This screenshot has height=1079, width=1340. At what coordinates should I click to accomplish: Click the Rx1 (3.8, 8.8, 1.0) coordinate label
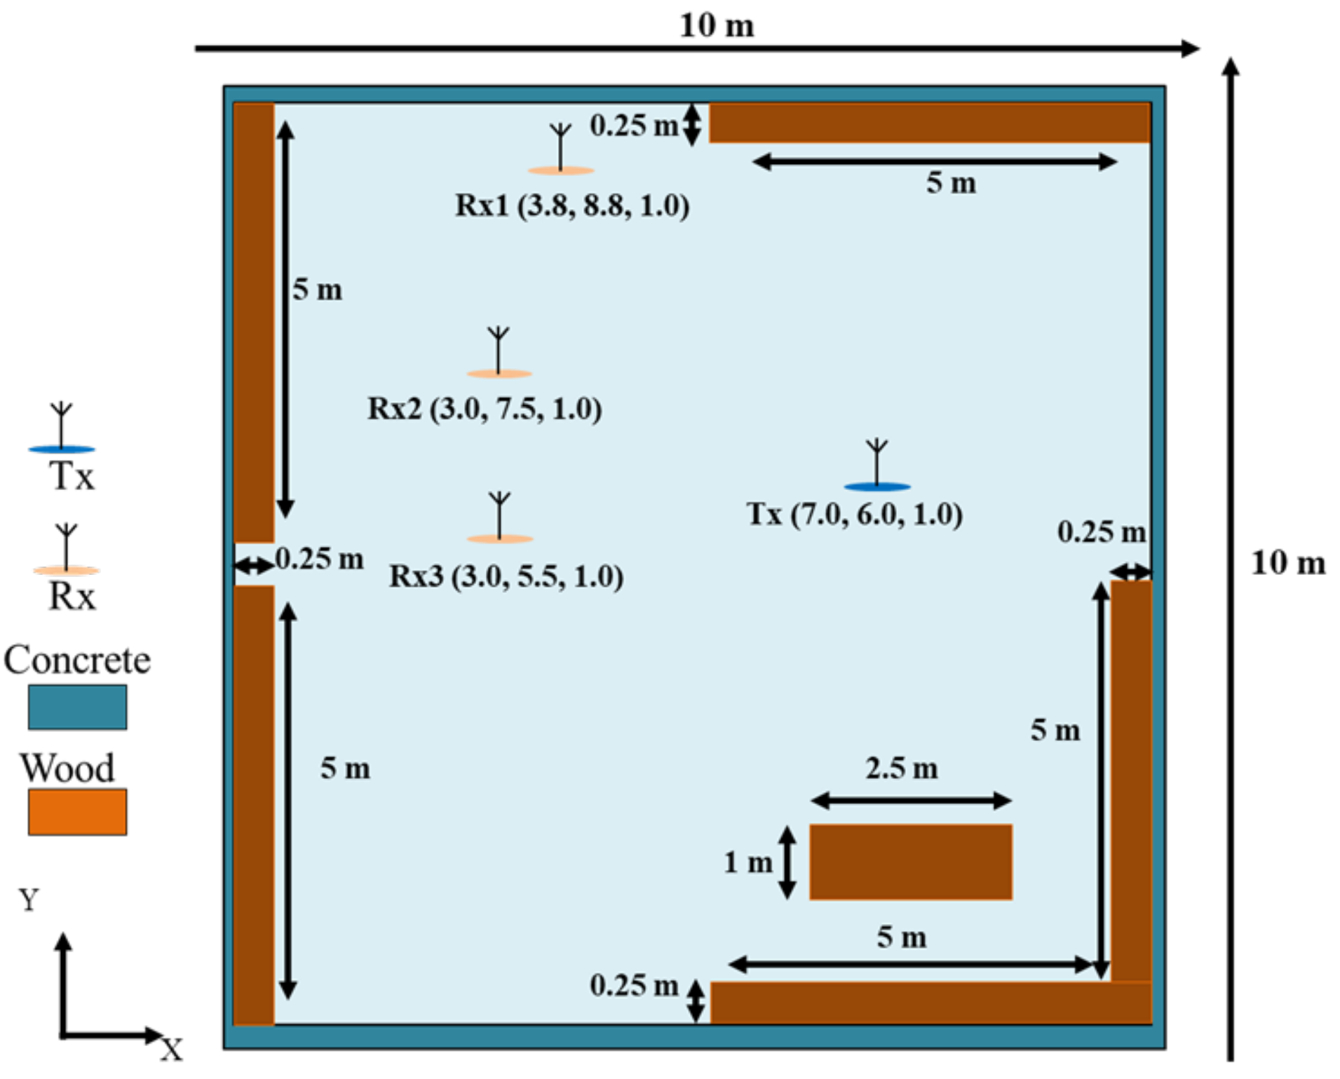(572, 205)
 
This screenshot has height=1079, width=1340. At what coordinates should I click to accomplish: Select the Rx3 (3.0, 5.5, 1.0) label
(506, 576)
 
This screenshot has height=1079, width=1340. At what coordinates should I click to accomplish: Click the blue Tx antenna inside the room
(877, 466)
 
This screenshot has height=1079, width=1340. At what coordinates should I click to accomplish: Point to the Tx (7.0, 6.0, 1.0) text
(854, 515)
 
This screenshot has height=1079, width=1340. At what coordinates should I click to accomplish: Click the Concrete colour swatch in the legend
(77, 707)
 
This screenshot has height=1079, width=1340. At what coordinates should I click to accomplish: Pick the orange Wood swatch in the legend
(77, 812)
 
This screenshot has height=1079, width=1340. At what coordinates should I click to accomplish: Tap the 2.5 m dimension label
(901, 768)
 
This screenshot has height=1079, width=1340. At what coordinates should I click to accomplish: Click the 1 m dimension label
(747, 862)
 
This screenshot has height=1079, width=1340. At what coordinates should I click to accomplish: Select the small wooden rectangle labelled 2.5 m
(911, 862)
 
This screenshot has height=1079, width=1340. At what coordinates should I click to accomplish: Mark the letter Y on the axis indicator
(29, 900)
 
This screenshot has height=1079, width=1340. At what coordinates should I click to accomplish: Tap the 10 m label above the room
(717, 26)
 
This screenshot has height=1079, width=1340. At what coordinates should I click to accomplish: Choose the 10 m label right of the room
(1288, 563)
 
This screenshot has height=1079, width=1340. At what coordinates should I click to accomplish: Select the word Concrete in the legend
(77, 660)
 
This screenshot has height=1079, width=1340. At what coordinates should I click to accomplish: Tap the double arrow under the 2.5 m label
(911, 800)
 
